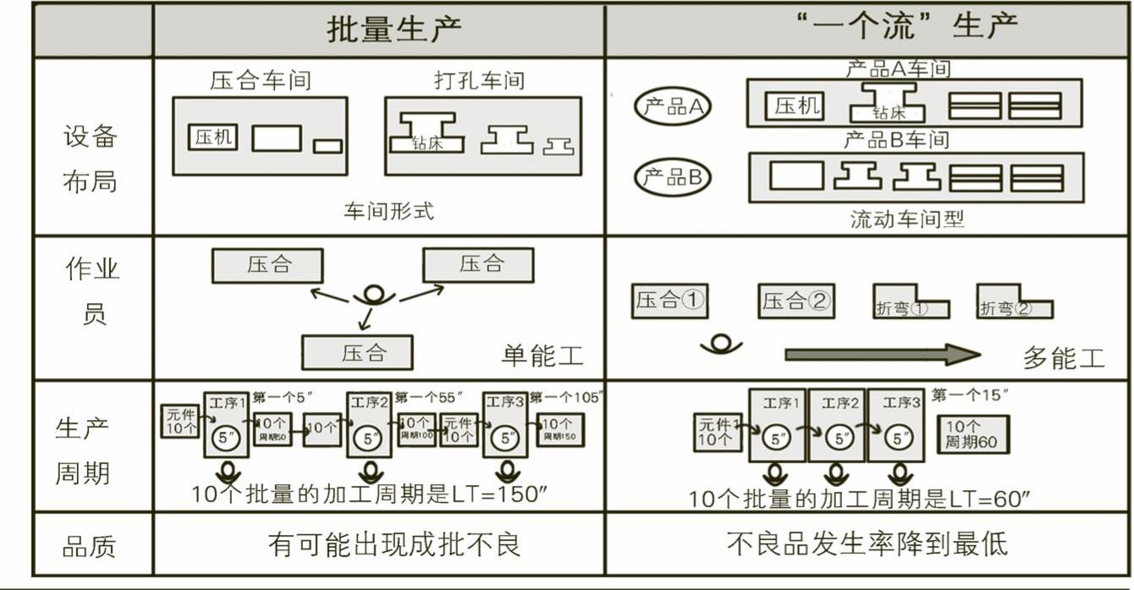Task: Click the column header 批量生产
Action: (394, 30)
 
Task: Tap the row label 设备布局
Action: (90, 159)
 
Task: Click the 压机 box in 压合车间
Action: (214, 138)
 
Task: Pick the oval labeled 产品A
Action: (673, 108)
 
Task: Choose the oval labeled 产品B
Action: (673, 178)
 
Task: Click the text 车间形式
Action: (388, 212)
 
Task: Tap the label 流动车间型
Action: (906, 220)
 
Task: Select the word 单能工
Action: (542, 356)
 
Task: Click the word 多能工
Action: (1064, 358)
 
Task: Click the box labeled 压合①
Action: (669, 301)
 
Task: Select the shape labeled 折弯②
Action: (1013, 306)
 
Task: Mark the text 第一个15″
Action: (970, 395)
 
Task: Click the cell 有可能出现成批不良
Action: (394, 543)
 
